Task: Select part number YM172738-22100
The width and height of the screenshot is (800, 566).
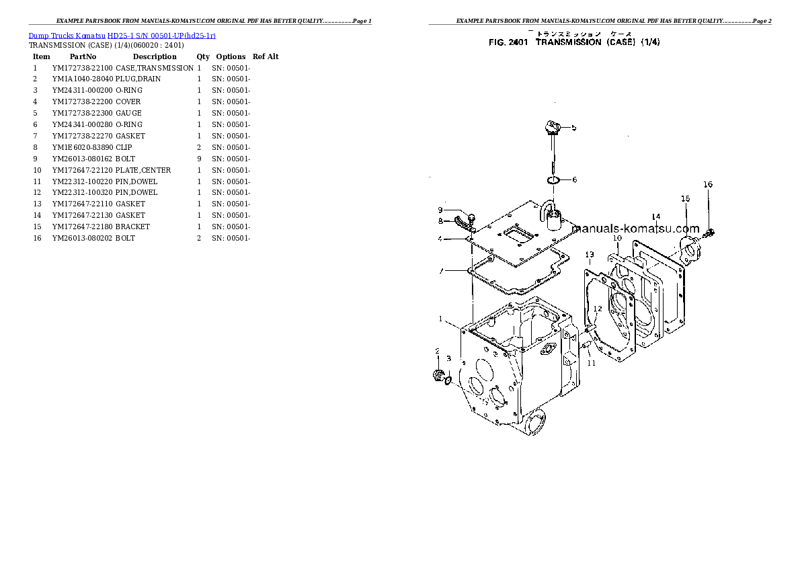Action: click(x=82, y=68)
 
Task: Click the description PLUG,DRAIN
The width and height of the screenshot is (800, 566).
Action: click(x=138, y=79)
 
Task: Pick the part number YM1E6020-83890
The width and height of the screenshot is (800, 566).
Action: click(x=82, y=147)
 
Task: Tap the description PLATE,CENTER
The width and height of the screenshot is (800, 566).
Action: click(x=143, y=170)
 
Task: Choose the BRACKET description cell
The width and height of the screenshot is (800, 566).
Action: click(x=132, y=227)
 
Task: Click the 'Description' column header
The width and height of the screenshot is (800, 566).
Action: click(x=154, y=56)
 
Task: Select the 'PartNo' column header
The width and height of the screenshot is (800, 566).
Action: click(x=83, y=56)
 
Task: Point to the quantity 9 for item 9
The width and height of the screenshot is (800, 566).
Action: click(x=199, y=159)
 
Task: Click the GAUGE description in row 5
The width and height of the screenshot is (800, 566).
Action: click(x=128, y=113)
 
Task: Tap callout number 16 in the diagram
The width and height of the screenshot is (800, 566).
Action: click(x=707, y=184)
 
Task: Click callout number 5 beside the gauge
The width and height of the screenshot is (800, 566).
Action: click(x=573, y=127)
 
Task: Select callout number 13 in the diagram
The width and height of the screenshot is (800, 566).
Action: click(x=589, y=254)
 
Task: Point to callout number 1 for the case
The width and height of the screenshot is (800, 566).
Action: click(x=441, y=319)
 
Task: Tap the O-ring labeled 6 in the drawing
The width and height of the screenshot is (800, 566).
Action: click(x=553, y=180)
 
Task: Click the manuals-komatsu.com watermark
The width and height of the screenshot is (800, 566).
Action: click(x=635, y=229)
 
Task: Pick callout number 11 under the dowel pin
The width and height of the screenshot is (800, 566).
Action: click(x=591, y=363)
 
